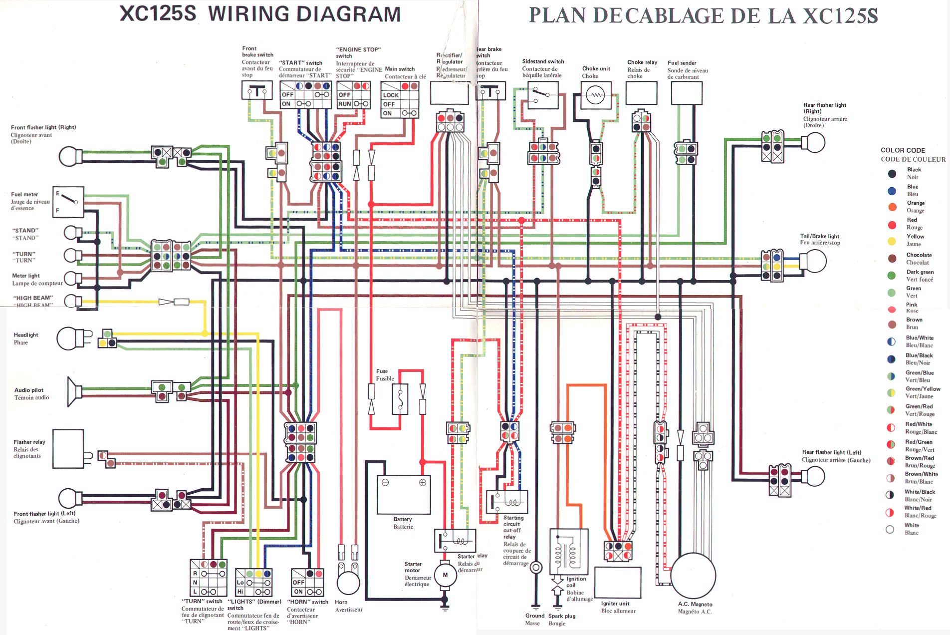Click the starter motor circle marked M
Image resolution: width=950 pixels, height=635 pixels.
445,575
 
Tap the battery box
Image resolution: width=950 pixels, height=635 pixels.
403,494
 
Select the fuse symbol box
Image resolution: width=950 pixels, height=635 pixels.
400,399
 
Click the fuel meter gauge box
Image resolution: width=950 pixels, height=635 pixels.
68,202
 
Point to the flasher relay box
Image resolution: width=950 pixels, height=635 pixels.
68,448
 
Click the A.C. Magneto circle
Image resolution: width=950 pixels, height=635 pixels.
693,576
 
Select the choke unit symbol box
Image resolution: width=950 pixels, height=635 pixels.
596,95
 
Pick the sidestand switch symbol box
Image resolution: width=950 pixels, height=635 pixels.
542,95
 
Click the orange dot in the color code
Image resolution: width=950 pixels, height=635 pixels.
892,207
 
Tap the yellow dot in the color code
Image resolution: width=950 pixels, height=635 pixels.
892,241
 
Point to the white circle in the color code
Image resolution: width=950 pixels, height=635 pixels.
890,529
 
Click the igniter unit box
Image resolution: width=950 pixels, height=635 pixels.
618,583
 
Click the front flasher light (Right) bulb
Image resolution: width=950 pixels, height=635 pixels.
70,156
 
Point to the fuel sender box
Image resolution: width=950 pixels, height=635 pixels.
687,93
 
